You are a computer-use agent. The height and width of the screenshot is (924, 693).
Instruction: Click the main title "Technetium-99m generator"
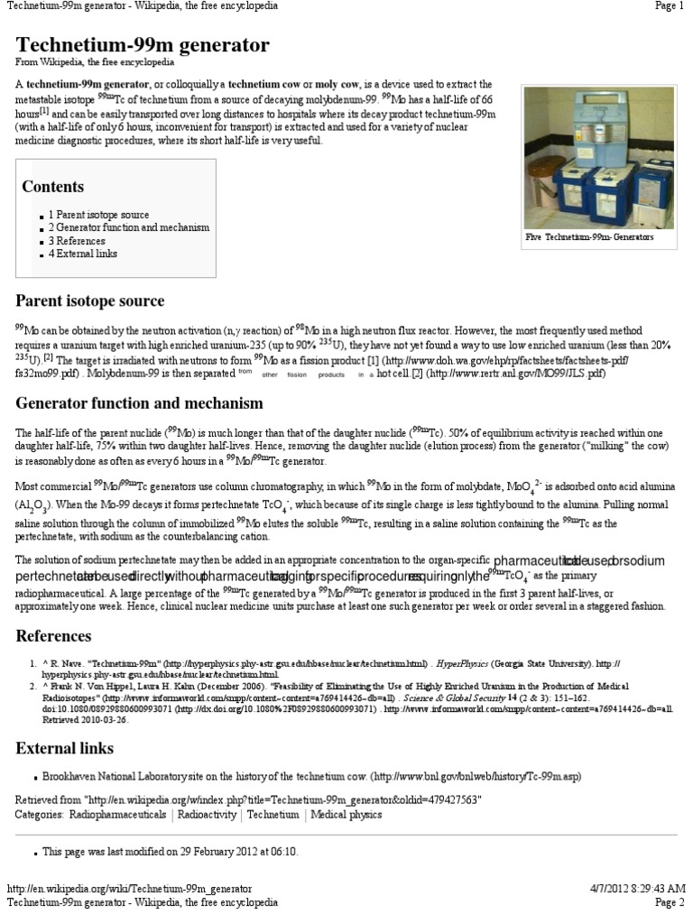(x=143, y=44)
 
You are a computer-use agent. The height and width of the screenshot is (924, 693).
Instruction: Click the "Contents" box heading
(x=52, y=187)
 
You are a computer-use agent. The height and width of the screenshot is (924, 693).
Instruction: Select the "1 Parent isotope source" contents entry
(x=98, y=215)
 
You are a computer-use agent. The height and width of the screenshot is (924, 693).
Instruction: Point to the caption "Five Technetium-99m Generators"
(x=589, y=238)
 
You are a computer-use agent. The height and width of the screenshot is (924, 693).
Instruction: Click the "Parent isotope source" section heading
(x=90, y=300)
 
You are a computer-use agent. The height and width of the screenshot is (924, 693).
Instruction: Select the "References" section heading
(x=54, y=636)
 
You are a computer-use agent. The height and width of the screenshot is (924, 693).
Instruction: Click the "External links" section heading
(x=65, y=748)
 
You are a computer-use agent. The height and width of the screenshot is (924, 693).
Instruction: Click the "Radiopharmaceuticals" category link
(x=116, y=815)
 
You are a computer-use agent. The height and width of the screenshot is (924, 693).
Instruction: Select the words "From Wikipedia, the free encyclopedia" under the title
(x=95, y=62)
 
